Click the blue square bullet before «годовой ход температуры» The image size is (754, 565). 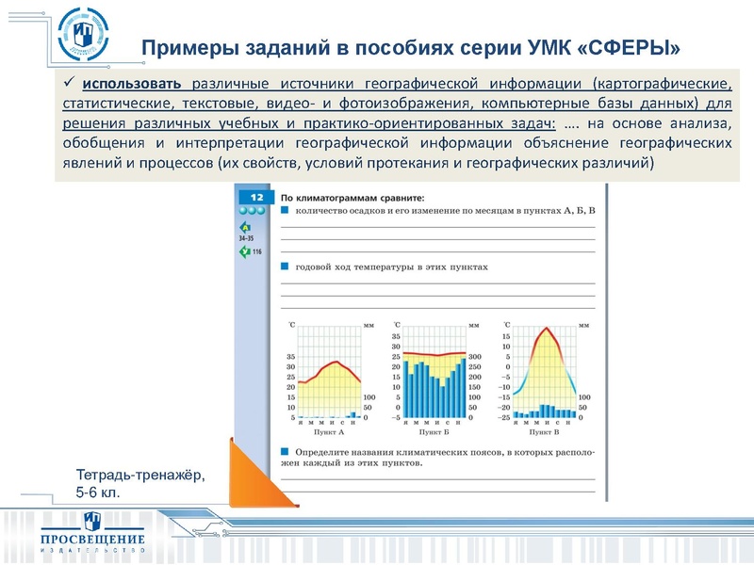(x=285, y=266)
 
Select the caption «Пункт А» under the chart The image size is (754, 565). (x=327, y=432)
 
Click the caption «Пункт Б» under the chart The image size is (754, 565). (x=434, y=432)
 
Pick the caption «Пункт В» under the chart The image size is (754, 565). (x=544, y=432)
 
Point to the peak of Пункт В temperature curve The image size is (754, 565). (x=544, y=329)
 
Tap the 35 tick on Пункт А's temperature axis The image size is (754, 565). (x=290, y=357)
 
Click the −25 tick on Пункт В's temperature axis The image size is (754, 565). (x=505, y=417)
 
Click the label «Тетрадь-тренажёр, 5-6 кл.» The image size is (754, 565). (x=139, y=484)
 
